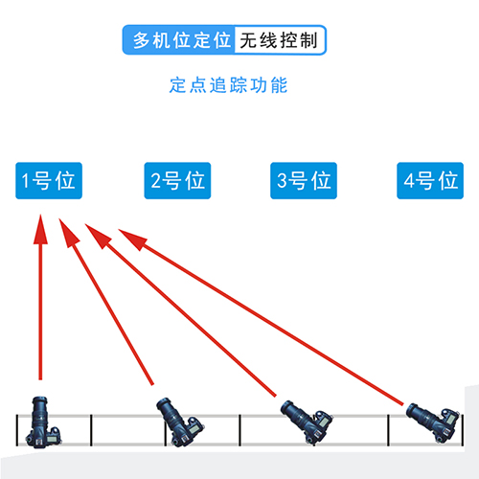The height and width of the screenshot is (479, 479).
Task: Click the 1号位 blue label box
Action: (x=49, y=181)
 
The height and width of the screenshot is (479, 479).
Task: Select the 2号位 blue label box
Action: (x=177, y=181)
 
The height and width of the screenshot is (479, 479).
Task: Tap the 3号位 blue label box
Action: (x=304, y=181)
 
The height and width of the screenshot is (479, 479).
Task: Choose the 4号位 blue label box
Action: (x=430, y=181)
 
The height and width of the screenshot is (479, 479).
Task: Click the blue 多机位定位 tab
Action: (x=179, y=40)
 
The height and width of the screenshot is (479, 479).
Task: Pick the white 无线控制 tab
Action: (x=280, y=40)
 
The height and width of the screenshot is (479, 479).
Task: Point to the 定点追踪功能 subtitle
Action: (x=228, y=85)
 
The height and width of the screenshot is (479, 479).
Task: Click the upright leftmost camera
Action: (x=43, y=422)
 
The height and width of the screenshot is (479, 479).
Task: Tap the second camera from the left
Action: (x=179, y=422)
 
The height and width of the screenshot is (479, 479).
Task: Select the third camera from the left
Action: (x=306, y=422)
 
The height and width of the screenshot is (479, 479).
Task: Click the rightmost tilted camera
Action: (x=434, y=422)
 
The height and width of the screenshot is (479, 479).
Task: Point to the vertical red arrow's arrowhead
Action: (x=40, y=227)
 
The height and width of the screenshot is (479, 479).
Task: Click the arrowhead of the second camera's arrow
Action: (x=68, y=232)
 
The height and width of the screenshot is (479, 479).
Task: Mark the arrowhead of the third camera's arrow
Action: (x=98, y=236)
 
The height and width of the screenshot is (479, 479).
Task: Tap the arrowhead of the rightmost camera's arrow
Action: (x=132, y=239)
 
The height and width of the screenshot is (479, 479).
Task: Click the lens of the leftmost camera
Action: (x=40, y=411)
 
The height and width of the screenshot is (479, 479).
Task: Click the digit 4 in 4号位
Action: (x=409, y=180)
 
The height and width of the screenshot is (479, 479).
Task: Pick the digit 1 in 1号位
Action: (x=26, y=180)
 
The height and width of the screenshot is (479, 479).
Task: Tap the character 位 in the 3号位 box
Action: (x=321, y=180)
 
